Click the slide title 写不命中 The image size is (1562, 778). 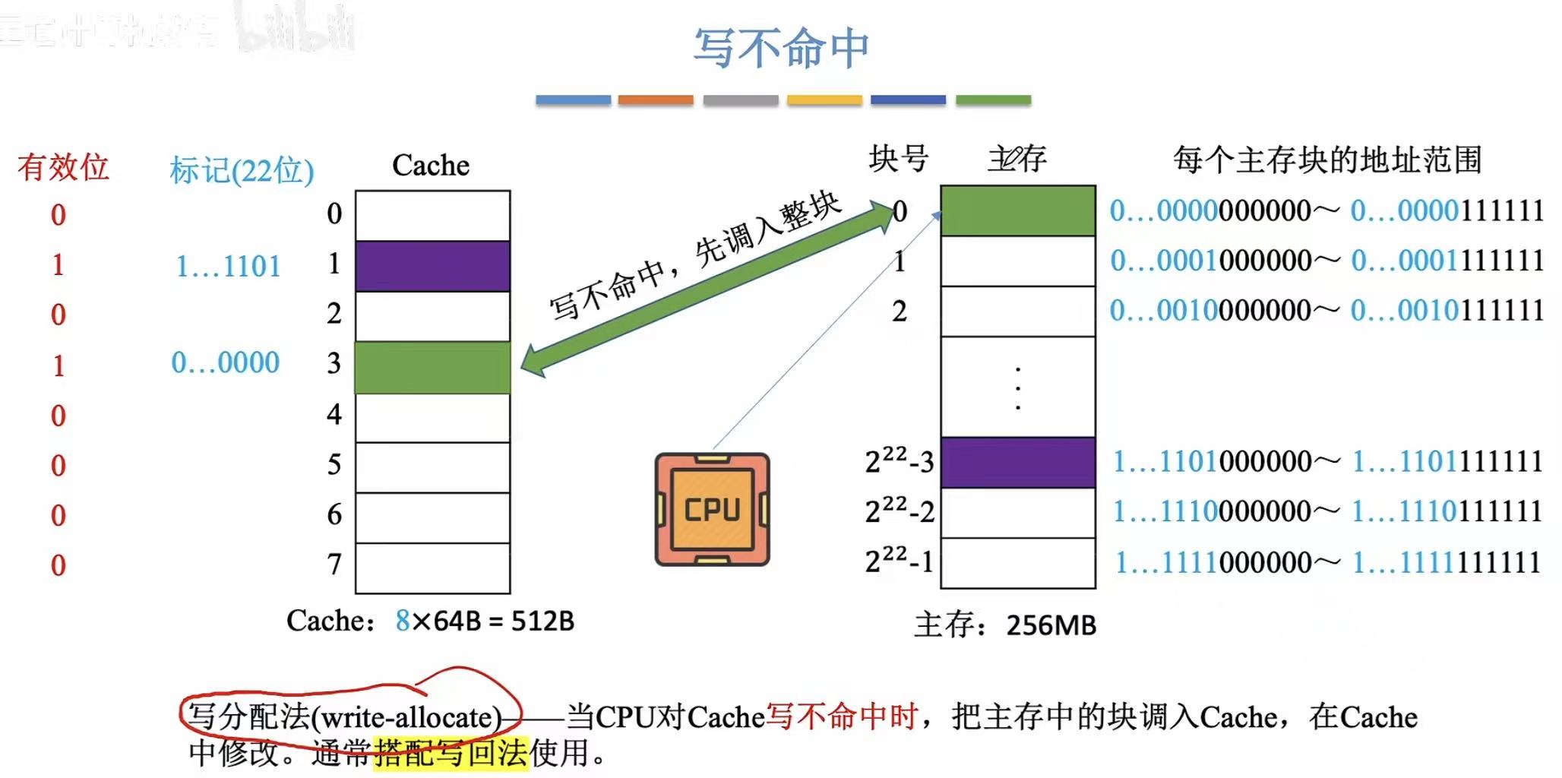780,48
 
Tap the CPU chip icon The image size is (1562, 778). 712,509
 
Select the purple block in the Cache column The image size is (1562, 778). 432,266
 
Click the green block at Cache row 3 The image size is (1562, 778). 432,367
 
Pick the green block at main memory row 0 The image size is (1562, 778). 1017,210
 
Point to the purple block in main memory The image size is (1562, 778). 1017,462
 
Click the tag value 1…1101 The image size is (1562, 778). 228,267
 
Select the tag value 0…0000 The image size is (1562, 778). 225,362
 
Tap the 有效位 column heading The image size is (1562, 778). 63,166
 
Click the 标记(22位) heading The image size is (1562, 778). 242,170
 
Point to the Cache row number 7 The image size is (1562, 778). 334,565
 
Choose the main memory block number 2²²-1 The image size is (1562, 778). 899,561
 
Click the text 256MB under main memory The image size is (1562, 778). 1051,625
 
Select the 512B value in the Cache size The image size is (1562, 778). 542,621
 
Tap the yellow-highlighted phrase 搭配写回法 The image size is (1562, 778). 451,753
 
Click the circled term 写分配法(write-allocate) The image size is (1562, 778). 346,716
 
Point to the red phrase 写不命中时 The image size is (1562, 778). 842,716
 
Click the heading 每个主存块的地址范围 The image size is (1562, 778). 1326,160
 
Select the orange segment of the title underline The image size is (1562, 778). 656,100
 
